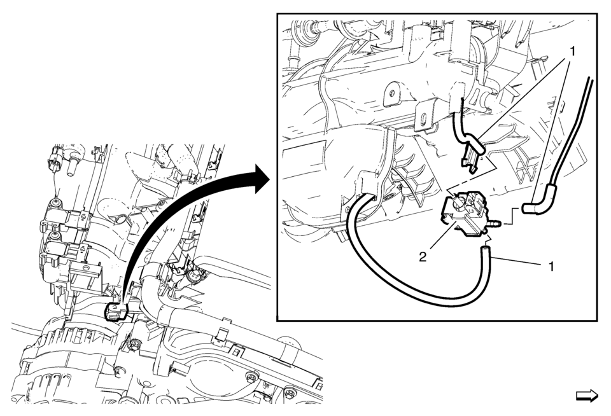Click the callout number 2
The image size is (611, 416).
[x=423, y=258]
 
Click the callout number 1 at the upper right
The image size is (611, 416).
[x=572, y=51]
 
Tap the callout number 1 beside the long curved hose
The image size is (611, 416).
[x=551, y=267]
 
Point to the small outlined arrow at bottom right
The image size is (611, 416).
[x=587, y=396]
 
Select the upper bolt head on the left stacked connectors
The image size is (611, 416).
[x=57, y=203]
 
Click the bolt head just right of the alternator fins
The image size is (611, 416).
[x=134, y=343]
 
